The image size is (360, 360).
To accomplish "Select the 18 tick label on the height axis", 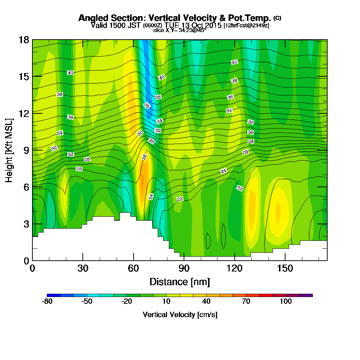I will [24, 40].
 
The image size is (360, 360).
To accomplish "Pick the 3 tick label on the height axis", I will [26, 224].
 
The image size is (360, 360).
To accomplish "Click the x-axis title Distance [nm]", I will [180, 282].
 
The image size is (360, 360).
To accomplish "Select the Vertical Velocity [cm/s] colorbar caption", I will [180, 315].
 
